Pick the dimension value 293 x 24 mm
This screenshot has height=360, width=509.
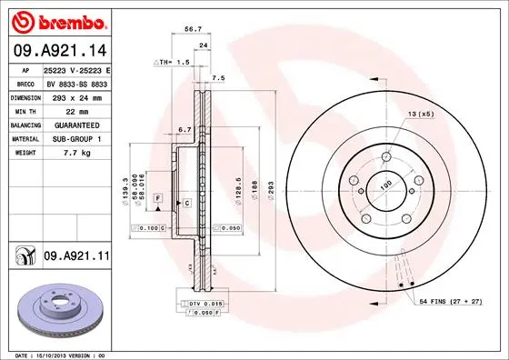76,95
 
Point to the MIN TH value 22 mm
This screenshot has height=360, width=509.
76,110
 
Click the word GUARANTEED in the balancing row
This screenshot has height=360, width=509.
76,125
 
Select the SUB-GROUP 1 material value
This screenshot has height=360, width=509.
76,139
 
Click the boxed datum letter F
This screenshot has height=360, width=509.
157,197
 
